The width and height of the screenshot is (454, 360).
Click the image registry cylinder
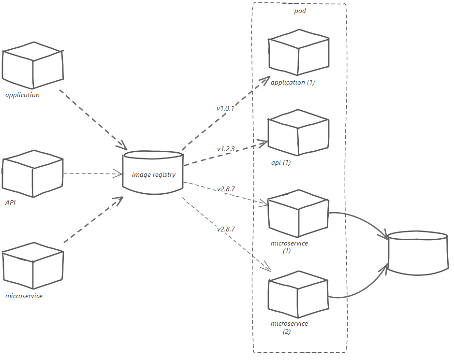pyautogui.click(x=154, y=173)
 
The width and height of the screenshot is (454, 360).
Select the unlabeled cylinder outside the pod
pyautogui.click(x=419, y=253)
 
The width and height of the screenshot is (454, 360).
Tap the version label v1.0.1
pyautogui.click(x=225, y=108)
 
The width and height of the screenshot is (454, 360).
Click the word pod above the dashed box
pyautogui.click(x=300, y=11)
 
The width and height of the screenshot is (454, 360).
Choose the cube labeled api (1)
pyautogui.click(x=298, y=133)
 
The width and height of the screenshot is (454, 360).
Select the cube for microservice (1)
pyautogui.click(x=298, y=215)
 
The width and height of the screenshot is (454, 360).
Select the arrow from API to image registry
pyautogui.click(x=92, y=173)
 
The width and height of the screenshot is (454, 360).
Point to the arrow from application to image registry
pyautogui.click(x=92, y=118)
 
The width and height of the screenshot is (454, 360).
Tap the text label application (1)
pyautogui.click(x=293, y=82)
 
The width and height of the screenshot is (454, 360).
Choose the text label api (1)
pyautogui.click(x=280, y=163)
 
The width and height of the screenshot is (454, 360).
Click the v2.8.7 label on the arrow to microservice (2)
pyautogui.click(x=226, y=228)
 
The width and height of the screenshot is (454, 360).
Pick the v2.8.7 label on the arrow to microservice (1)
pyautogui.click(x=226, y=189)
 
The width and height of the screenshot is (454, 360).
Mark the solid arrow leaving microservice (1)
pyautogui.click(x=363, y=220)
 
